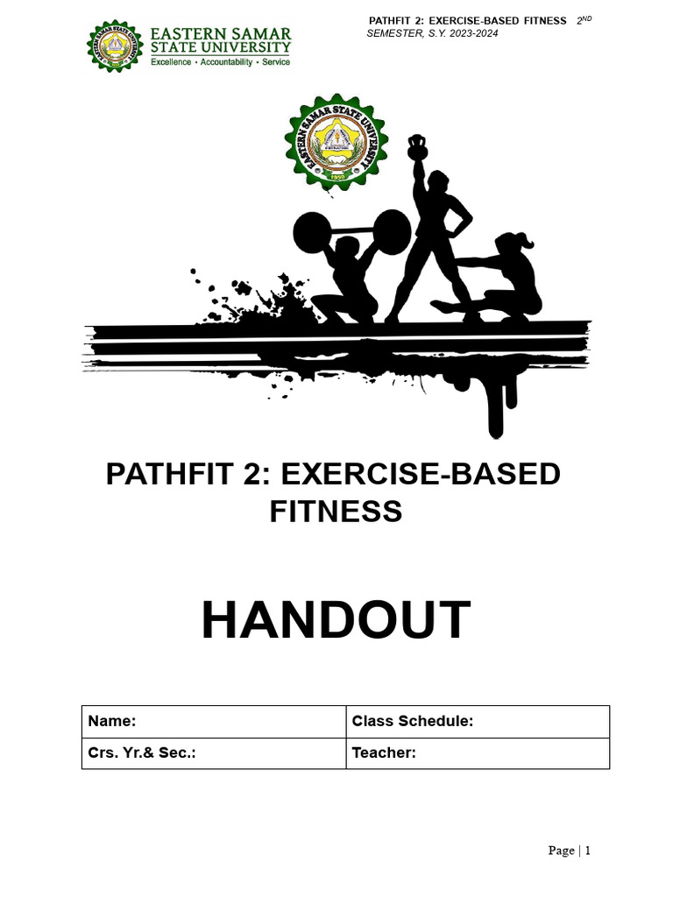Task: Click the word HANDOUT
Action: [x=336, y=620]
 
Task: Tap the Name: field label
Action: [x=111, y=721]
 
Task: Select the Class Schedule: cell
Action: [x=413, y=721]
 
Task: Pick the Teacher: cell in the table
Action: [x=384, y=752]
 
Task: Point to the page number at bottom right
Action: [x=570, y=850]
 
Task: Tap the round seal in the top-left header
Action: [x=113, y=46]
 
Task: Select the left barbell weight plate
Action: [x=315, y=235]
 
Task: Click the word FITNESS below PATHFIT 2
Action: [x=336, y=510]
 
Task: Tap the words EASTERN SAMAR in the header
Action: [x=220, y=32]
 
